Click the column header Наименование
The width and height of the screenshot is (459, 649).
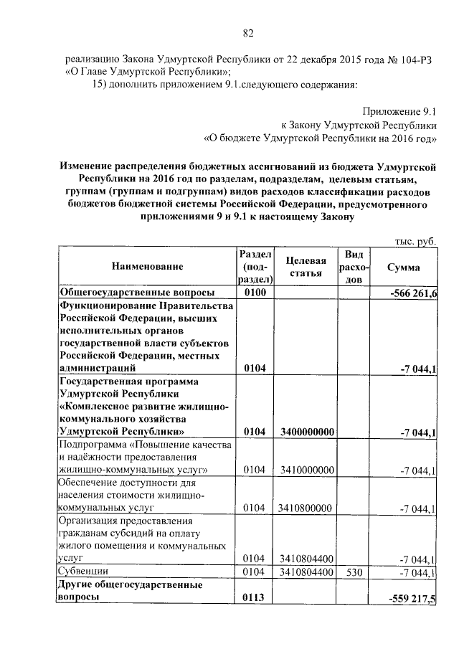tap(147, 267)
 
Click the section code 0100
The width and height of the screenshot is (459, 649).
tap(255, 293)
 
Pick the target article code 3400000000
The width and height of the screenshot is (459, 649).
tap(306, 432)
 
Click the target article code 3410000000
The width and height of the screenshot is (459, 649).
tap(306, 470)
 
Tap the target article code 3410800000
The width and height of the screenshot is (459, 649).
tap(306, 508)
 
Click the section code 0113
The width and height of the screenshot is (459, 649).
tap(255, 598)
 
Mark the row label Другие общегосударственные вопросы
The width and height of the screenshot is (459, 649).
tap(129, 591)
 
